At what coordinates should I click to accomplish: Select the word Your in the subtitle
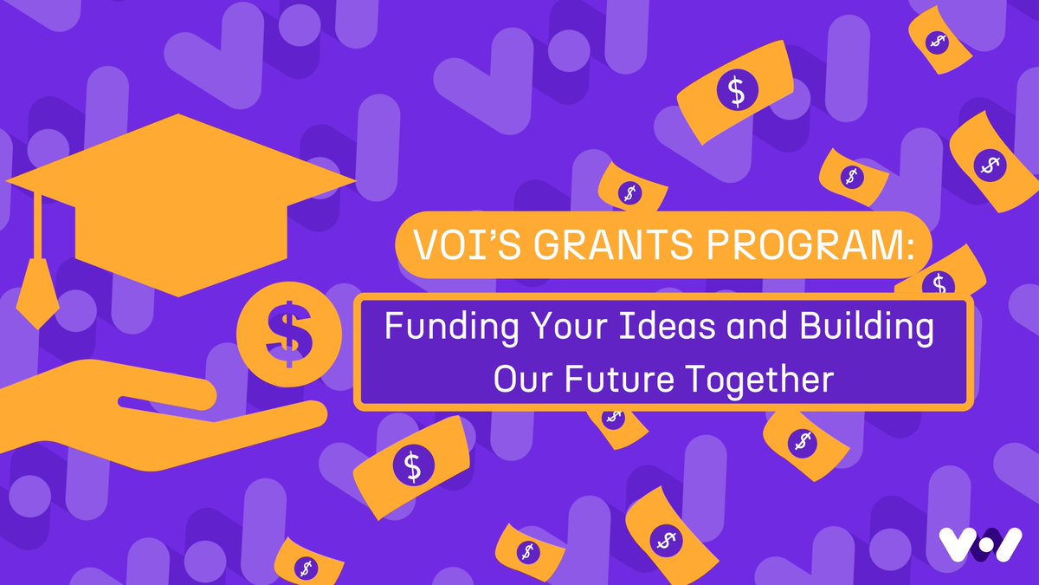[545, 329]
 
